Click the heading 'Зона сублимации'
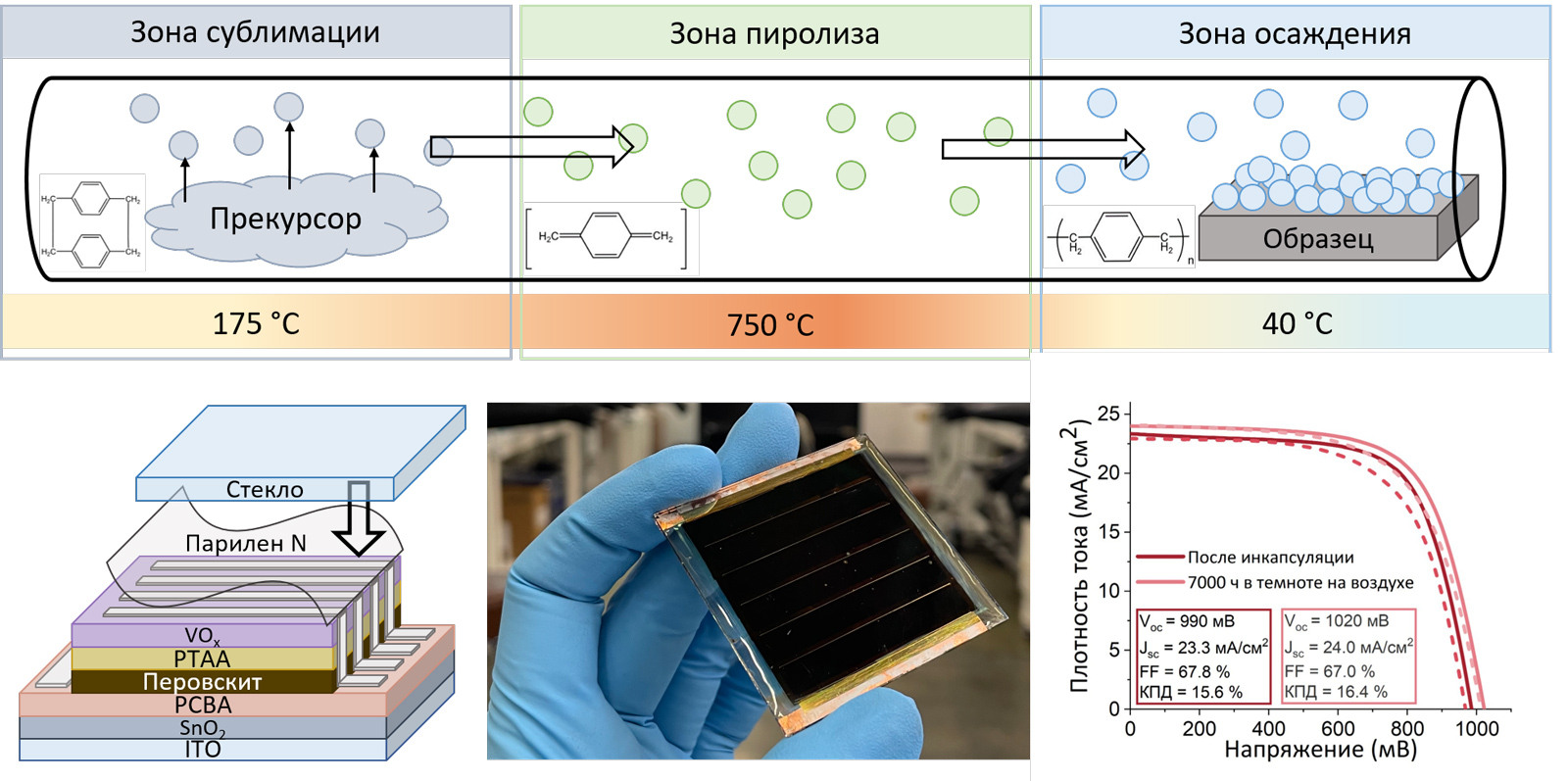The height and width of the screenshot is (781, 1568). pyautogui.click(x=255, y=32)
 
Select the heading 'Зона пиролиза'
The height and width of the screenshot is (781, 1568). pyautogui.click(x=774, y=34)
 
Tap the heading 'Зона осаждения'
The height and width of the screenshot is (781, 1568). pyautogui.click(x=1295, y=34)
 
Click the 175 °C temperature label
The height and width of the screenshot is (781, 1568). pyautogui.click(x=256, y=323)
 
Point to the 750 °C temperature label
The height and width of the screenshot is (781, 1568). pyautogui.click(x=770, y=324)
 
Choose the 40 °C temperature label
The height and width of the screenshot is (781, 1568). pyautogui.click(x=1297, y=323)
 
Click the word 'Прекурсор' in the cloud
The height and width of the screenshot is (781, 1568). pyautogui.click(x=285, y=219)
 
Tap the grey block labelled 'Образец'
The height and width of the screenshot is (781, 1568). pyautogui.click(x=1318, y=239)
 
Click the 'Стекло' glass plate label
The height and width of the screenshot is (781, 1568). pyautogui.click(x=265, y=489)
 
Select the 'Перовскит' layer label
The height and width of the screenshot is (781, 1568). pyautogui.click(x=202, y=681)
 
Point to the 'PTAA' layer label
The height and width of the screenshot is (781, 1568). pyautogui.click(x=202, y=659)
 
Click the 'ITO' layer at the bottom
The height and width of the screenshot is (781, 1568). pyautogui.click(x=203, y=750)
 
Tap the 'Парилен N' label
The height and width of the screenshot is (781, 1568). pyautogui.click(x=246, y=543)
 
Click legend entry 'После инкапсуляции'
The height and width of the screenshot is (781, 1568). pyautogui.click(x=1270, y=558)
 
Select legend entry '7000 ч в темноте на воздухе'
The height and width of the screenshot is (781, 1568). pyautogui.click(x=1300, y=583)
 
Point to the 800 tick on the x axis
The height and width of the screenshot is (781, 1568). pyautogui.click(x=1407, y=729)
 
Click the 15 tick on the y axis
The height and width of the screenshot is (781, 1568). pyautogui.click(x=1108, y=531)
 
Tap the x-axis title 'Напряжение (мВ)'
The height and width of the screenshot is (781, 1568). pyautogui.click(x=1320, y=751)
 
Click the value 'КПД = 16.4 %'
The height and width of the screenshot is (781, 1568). pyautogui.click(x=1336, y=692)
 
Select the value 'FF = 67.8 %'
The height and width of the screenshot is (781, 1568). pyautogui.click(x=1184, y=671)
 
